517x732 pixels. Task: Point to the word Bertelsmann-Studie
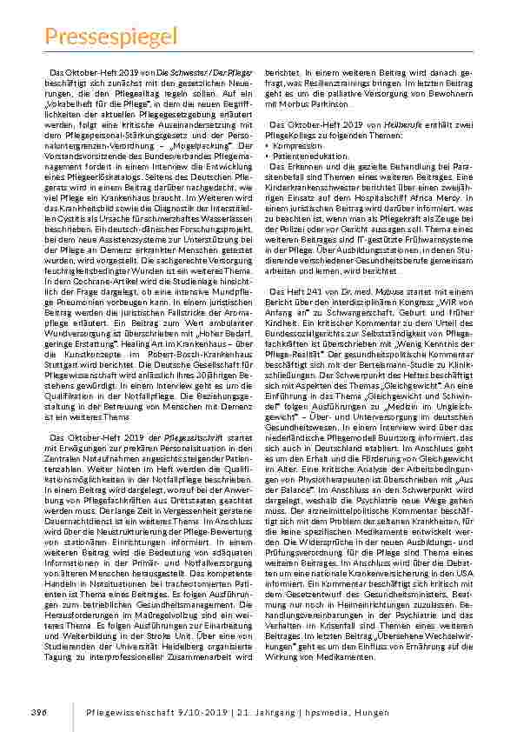(378, 365)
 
